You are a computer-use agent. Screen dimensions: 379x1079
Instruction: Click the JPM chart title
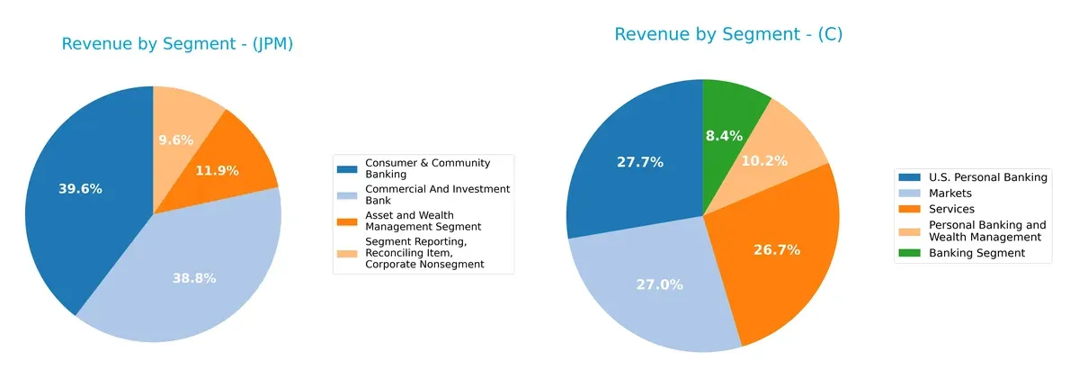(x=177, y=44)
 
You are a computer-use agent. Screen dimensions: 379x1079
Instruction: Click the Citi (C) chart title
(x=727, y=34)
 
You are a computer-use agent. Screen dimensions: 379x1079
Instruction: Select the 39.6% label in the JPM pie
(x=80, y=189)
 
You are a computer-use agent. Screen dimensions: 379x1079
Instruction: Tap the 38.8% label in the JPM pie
(x=194, y=278)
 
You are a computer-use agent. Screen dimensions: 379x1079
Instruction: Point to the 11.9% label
(x=217, y=170)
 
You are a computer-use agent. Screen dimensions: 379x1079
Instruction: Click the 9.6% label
(x=176, y=140)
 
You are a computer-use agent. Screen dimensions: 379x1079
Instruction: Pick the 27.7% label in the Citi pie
(x=640, y=162)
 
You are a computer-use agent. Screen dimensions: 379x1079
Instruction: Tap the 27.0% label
(x=660, y=284)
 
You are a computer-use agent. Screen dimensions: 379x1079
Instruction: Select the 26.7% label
(x=777, y=249)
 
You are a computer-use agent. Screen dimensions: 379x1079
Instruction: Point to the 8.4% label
(x=724, y=136)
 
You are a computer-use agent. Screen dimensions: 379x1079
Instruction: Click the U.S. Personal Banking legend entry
(x=987, y=177)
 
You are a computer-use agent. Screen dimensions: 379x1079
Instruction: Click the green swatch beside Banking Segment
(x=910, y=254)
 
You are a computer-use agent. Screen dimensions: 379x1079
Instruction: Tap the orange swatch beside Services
(x=910, y=208)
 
